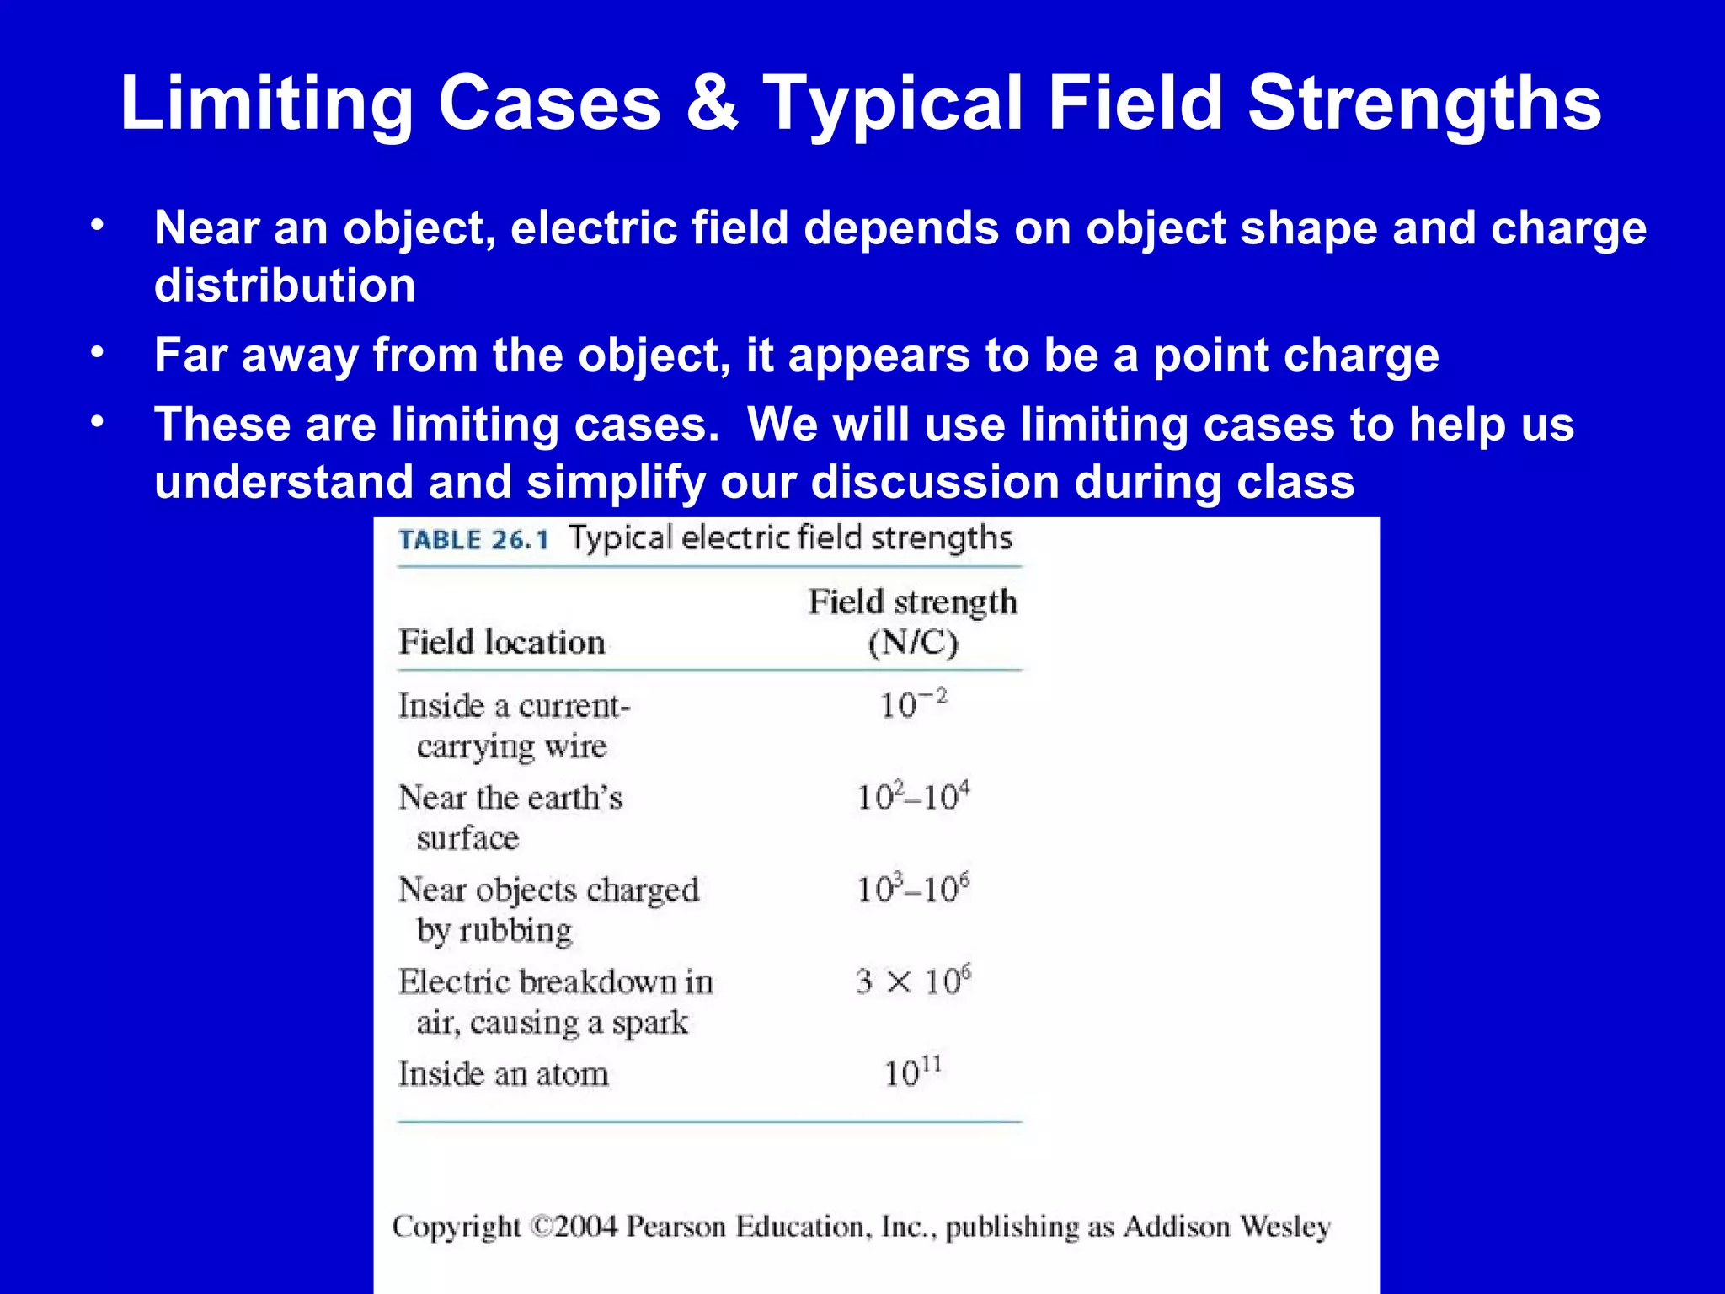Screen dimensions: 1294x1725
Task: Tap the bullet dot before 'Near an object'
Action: pyautogui.click(x=98, y=226)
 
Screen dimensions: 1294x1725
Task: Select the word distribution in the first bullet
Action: pyautogui.click(x=285, y=286)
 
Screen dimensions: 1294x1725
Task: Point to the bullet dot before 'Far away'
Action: pyautogui.click(x=98, y=353)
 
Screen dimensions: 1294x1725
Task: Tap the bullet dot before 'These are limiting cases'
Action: pyautogui.click(x=98, y=422)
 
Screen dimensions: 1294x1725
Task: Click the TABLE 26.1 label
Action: pyautogui.click(x=473, y=540)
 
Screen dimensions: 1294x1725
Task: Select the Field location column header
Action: pyautogui.click(x=502, y=643)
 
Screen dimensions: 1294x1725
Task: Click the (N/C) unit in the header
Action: pyautogui.click(x=913, y=644)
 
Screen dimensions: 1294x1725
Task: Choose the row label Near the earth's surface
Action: pyautogui.click(x=510, y=816)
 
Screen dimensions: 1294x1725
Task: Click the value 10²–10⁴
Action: pyautogui.click(x=913, y=797)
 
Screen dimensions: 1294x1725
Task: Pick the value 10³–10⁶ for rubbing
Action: pyautogui.click(x=913, y=889)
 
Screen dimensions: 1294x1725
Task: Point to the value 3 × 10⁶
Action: pyautogui.click(x=913, y=981)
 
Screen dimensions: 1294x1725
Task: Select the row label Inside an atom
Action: pyautogui.click(x=503, y=1075)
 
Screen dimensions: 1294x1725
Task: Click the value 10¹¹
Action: pyautogui.click(x=913, y=1073)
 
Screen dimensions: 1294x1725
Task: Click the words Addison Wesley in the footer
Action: pyautogui.click(x=1227, y=1227)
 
